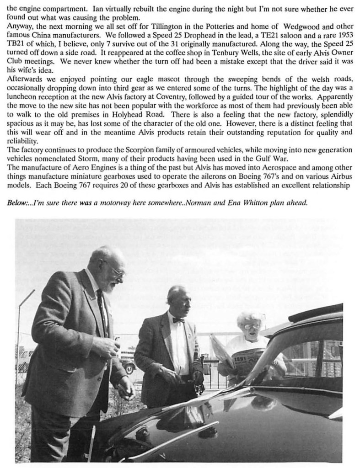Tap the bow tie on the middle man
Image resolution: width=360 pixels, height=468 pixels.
coord(178,320)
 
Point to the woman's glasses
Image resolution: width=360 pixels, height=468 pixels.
coord(252,326)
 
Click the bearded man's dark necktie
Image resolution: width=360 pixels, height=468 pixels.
coord(102,311)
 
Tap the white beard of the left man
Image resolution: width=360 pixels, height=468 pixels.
coord(110,287)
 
